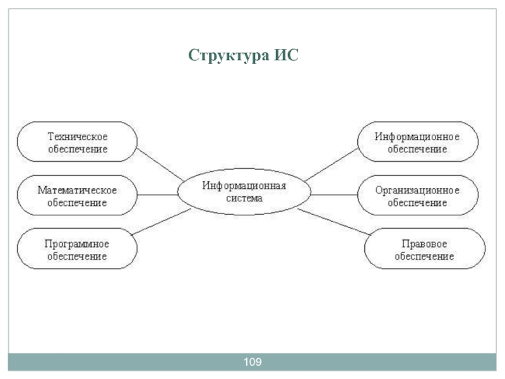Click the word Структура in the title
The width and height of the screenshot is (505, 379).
228,56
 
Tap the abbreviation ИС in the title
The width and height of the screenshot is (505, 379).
285,56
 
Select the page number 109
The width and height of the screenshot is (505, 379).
252,362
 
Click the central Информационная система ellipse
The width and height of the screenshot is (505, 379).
244,192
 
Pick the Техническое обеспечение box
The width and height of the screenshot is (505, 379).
78,143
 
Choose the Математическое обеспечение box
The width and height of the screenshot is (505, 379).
78,196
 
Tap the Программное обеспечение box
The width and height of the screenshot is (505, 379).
78,250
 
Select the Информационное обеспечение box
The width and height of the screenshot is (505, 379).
417,143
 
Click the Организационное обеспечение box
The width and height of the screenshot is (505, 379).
417,196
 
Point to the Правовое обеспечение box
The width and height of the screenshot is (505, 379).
424,250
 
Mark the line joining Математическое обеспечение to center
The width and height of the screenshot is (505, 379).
158,195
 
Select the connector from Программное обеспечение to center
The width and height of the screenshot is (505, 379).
162,223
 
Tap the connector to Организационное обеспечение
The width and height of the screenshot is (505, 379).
333,195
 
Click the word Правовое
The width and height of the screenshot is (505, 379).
424,243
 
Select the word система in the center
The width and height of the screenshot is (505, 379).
244,198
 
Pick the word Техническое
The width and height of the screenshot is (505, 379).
78,136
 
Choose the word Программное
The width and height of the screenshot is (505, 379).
78,243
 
